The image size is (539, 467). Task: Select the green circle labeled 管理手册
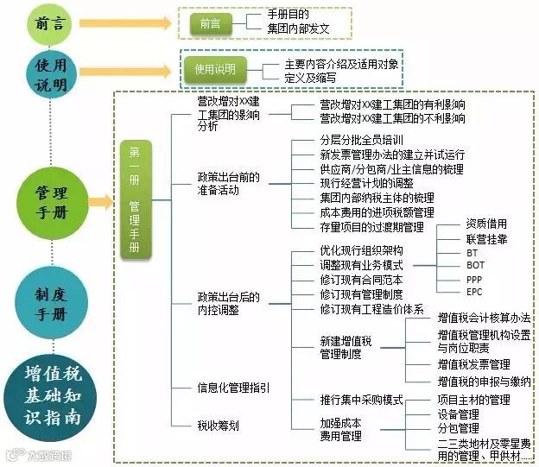click(51, 201)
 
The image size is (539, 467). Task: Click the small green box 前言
click(210, 24)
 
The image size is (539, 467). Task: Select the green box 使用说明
click(215, 69)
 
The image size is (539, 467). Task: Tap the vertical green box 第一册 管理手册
click(135, 199)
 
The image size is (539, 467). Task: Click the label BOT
click(476, 266)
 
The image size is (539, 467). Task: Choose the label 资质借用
click(486, 224)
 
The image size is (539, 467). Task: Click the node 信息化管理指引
click(233, 388)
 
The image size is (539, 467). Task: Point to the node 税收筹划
click(218, 426)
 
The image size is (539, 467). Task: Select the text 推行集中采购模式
click(361, 401)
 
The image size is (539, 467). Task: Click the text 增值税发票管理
click(473, 365)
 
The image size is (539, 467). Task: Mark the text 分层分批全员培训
click(362, 140)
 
